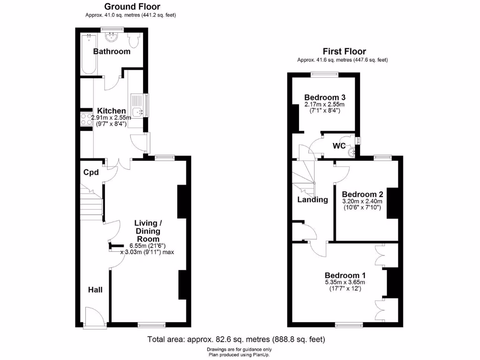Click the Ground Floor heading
tap(132, 7)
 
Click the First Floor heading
tap(344, 52)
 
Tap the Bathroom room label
tap(112, 52)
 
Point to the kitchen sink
tap(137, 112)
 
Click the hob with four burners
tap(86, 119)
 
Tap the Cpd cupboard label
tap(91, 172)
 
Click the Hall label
tap(95, 290)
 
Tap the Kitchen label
tap(112, 111)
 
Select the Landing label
tap(313, 200)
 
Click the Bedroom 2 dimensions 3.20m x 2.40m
tap(362, 202)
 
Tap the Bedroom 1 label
tap(345, 276)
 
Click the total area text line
tap(236, 339)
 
